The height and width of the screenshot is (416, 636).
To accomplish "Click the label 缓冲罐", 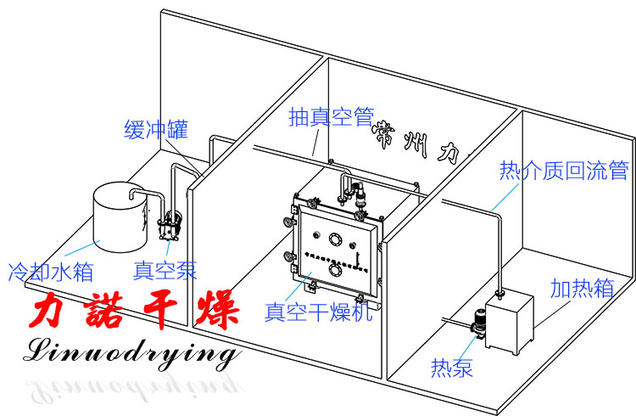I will (154, 130).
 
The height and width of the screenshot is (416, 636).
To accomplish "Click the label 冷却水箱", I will (50, 272).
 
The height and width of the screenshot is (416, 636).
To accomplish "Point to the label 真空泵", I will (165, 271).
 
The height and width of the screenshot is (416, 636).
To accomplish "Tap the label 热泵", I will (451, 368).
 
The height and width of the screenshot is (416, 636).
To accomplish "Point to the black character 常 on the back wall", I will (389, 137).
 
